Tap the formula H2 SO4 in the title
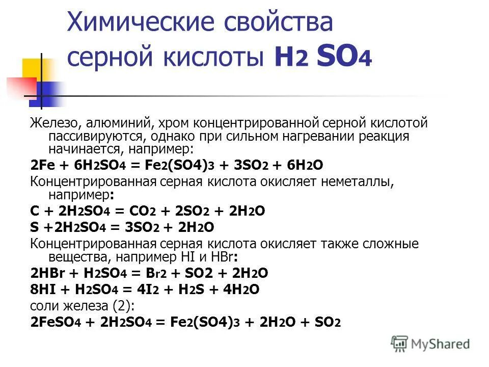coord(323,58)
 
